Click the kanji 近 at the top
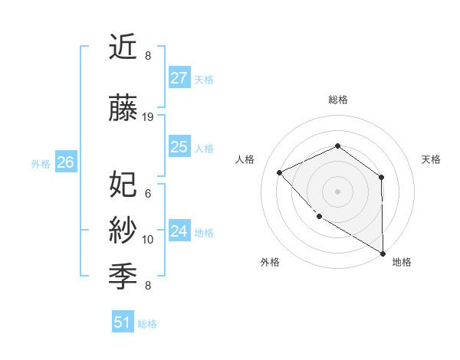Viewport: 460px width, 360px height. (x=123, y=47)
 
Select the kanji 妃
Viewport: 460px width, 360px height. (x=123, y=184)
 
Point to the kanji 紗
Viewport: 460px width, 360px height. (x=123, y=229)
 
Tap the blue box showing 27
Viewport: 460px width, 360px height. (x=179, y=78)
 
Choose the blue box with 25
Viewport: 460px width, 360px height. (x=179, y=147)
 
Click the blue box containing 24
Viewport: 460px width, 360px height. (x=179, y=231)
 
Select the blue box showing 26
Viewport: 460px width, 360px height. (x=65, y=162)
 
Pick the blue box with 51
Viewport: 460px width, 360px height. (x=123, y=322)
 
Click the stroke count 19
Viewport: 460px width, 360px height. (x=148, y=117)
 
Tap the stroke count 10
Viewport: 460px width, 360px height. (x=148, y=240)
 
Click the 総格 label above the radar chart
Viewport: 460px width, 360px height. (x=337, y=100)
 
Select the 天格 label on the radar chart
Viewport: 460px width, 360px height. (x=432, y=159)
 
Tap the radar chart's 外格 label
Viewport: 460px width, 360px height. (x=270, y=263)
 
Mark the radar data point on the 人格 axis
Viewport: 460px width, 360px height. (x=280, y=172)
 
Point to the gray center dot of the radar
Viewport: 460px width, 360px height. (x=337, y=191)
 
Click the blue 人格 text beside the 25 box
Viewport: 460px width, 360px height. (x=204, y=148)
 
